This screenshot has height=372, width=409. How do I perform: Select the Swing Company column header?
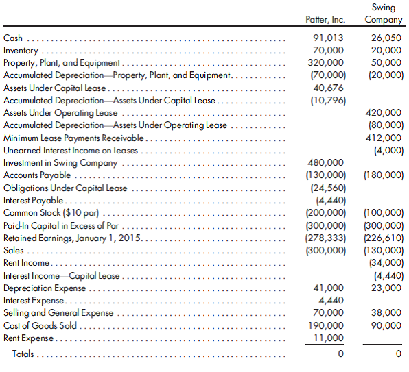(x=384, y=13)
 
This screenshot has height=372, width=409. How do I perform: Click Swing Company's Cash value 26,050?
(x=384, y=38)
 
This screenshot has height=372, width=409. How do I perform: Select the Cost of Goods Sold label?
(x=40, y=325)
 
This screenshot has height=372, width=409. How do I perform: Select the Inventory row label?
(x=21, y=51)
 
